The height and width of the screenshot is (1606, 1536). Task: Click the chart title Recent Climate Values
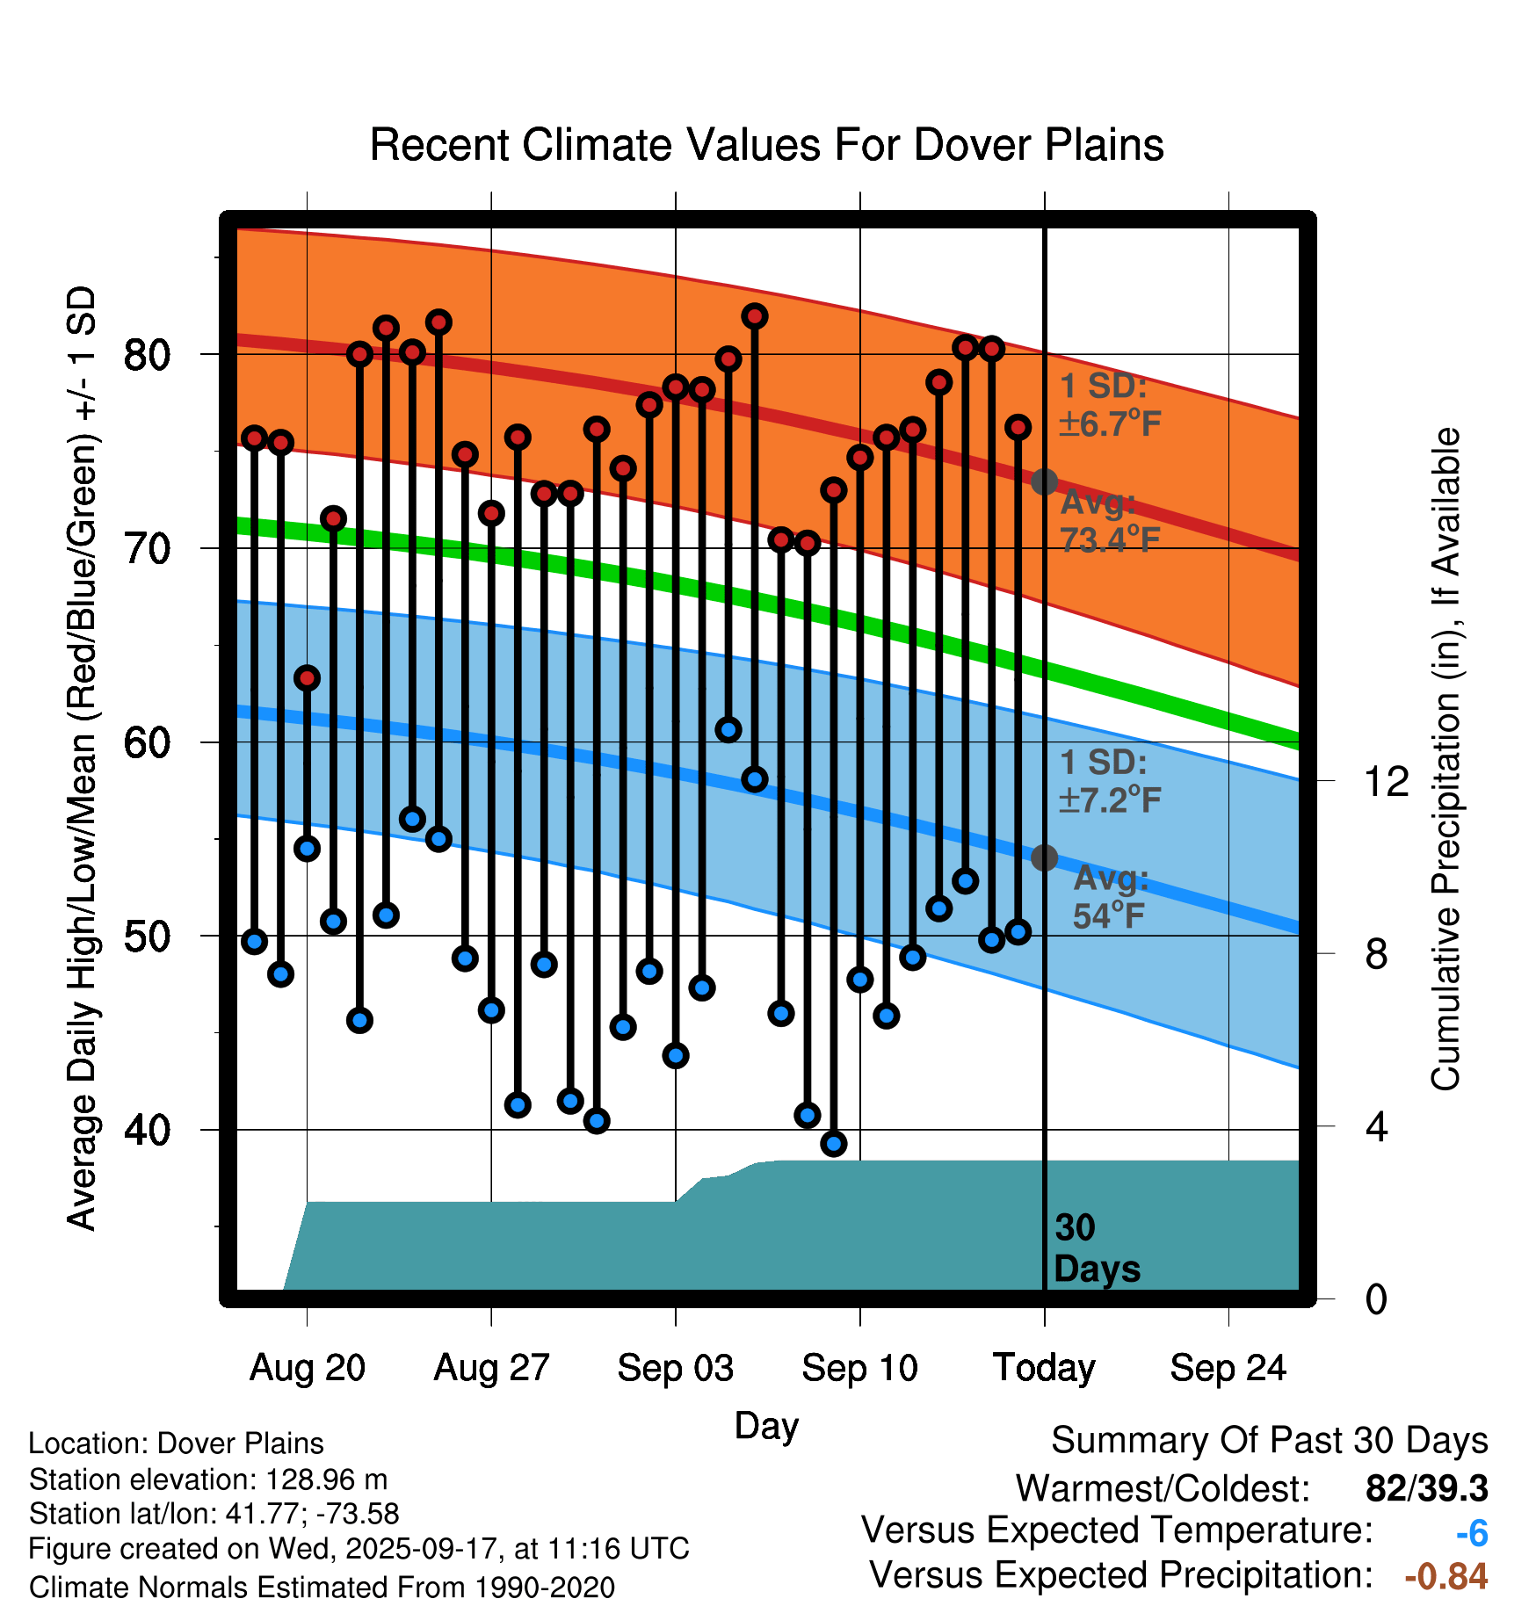[766, 145]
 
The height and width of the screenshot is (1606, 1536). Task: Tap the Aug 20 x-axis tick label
[307, 1368]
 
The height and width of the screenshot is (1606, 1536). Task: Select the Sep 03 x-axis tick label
[675, 1368]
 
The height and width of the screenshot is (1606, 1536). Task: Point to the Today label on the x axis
[1044, 1368]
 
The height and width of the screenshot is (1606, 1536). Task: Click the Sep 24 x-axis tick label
[1228, 1368]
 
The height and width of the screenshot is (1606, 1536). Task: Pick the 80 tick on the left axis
[147, 355]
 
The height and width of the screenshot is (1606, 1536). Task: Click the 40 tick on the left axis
[147, 1130]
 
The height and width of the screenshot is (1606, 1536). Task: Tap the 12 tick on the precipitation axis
[1386, 781]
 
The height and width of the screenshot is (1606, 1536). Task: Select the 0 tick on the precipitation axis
[1376, 1299]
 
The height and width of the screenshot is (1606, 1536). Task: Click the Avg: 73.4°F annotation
[1109, 521]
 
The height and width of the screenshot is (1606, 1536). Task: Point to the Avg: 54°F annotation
[1110, 897]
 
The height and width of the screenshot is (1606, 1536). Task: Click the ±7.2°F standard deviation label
[1109, 799]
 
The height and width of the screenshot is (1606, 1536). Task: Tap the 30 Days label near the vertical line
[1096, 1248]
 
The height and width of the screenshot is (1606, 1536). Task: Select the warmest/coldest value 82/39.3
[1426, 1488]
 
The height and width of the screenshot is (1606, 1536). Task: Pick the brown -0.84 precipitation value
[1445, 1576]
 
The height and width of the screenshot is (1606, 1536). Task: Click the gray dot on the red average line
[1044, 481]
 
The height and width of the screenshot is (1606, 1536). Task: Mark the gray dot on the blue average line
[1044, 857]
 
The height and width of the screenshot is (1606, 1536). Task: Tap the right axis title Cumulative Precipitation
[1445, 759]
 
